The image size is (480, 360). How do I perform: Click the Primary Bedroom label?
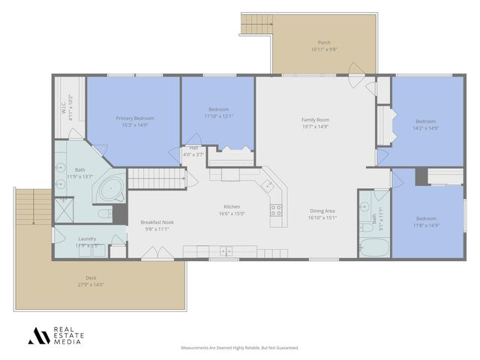pyautogui.click(x=135, y=118)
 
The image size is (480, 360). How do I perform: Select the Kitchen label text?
pyautogui.click(x=231, y=207)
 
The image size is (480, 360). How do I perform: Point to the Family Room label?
pyautogui.click(x=316, y=119)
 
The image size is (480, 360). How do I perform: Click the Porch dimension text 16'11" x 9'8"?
pyautogui.click(x=324, y=49)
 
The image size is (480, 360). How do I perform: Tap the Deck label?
pyautogui.click(x=90, y=277)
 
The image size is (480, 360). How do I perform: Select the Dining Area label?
pyautogui.click(x=322, y=211)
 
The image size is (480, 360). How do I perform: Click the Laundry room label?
pyautogui.click(x=85, y=239)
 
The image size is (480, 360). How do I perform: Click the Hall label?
pyautogui.click(x=193, y=148)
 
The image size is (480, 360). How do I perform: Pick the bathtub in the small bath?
pyautogui.click(x=371, y=247)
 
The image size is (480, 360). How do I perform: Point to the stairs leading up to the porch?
pyautogui.click(x=255, y=24)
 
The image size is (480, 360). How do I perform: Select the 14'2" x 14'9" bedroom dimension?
pyautogui.click(x=425, y=127)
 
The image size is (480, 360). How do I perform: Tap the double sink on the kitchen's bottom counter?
pyautogui.click(x=225, y=250)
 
